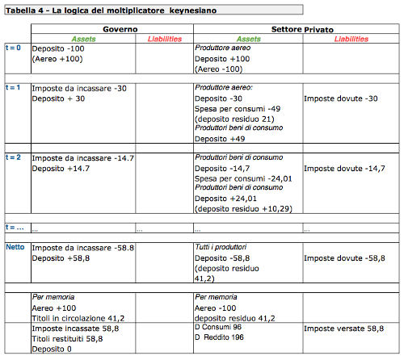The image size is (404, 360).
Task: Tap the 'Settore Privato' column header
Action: [297, 28]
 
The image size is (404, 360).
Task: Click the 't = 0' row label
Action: [14, 48]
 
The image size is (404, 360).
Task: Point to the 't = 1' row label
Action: [14, 86]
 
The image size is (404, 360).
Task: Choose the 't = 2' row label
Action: [14, 156]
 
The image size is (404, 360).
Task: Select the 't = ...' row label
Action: [15, 228]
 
